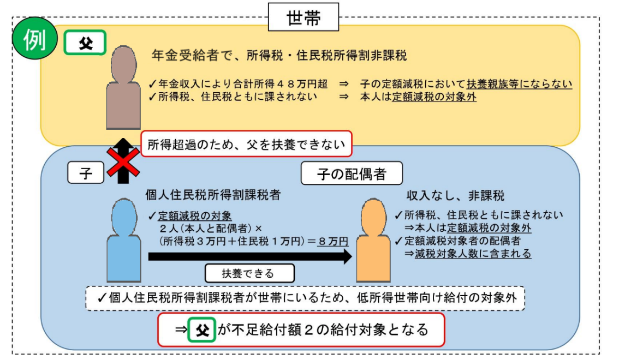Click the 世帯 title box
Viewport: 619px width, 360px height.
point(303,17)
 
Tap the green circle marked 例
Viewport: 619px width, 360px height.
point(35,38)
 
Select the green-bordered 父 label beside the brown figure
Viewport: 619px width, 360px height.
point(85,43)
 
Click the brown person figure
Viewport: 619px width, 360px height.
point(123,87)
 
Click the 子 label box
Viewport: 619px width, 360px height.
point(86,173)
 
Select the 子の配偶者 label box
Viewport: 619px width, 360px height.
point(352,173)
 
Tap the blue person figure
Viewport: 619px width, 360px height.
point(123,240)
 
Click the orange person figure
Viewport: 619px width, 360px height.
point(373,240)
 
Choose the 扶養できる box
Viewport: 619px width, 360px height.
point(249,273)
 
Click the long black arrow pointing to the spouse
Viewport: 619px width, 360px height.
point(250,257)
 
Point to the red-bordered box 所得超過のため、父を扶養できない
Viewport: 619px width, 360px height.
point(246,144)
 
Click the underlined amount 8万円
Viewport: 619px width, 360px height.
point(333,241)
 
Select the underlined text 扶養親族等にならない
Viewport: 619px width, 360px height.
point(519,84)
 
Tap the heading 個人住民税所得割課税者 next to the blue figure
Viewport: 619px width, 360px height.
point(213,195)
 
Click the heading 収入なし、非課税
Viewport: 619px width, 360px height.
point(455,196)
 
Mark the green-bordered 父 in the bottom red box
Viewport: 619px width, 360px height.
point(202,329)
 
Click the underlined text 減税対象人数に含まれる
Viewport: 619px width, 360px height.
point(473,254)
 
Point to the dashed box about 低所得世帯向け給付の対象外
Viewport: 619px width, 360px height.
point(305,298)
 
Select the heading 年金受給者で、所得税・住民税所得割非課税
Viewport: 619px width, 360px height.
point(279,56)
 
